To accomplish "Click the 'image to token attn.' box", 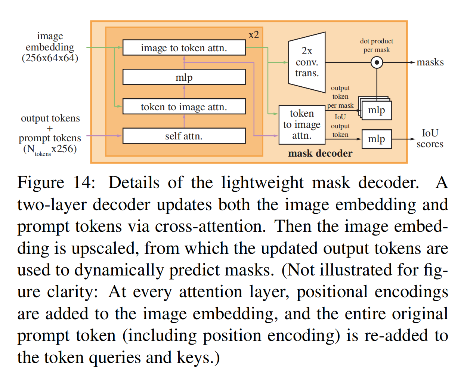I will click(x=184, y=48).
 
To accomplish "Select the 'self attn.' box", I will click(x=184, y=136).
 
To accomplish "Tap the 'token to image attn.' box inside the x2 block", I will click(x=184, y=107).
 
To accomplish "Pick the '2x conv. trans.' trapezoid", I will click(x=307, y=62).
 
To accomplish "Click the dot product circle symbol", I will click(x=377, y=62).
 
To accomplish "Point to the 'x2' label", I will click(x=254, y=35).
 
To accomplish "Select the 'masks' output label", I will click(x=430, y=62).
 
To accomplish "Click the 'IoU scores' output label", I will click(x=430, y=139).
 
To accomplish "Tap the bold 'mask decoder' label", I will click(x=320, y=153).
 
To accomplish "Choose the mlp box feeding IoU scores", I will click(x=377, y=139).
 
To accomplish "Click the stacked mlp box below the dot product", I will click(x=377, y=110).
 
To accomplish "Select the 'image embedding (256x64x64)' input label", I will click(x=50, y=47).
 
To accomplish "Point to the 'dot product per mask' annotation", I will click(x=377, y=45).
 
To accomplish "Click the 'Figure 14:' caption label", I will click(x=56, y=183).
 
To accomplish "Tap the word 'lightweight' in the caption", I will click(x=262, y=183).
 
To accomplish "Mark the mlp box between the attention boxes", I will click(x=184, y=77).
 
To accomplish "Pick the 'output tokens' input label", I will click(x=50, y=118).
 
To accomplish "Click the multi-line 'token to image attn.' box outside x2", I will click(x=302, y=124).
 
